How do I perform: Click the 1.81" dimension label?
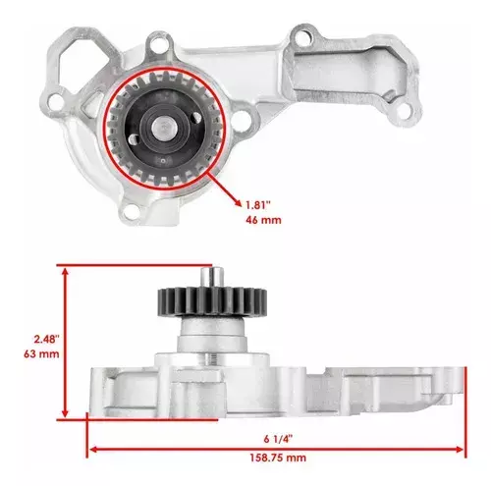pos(258,205)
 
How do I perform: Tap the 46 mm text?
pos(263,220)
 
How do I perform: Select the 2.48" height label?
pos(47,339)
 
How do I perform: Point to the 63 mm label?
pos(41,353)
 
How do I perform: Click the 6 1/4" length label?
pos(278,439)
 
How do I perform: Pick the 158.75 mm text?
pos(278,458)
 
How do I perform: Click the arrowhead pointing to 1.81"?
pos(238,203)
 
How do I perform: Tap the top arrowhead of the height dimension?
pos(66,272)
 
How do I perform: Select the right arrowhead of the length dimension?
pos(460,449)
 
